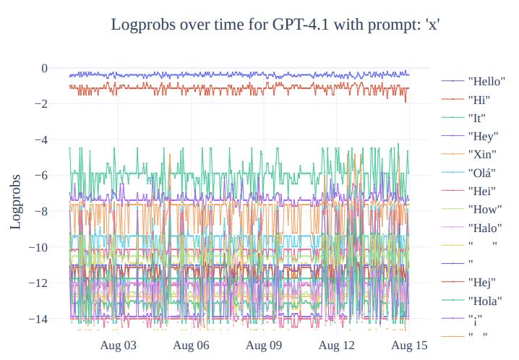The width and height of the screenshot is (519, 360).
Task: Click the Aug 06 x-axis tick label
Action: tap(192, 346)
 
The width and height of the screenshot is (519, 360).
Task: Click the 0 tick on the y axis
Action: tap(44, 69)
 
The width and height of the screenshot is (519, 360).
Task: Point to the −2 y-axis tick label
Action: tap(40, 104)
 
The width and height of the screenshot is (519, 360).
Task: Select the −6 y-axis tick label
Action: tap(40, 176)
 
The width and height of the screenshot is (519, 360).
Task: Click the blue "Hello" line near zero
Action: tap(217, 75)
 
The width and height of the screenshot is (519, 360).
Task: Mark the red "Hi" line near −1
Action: tap(217, 87)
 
